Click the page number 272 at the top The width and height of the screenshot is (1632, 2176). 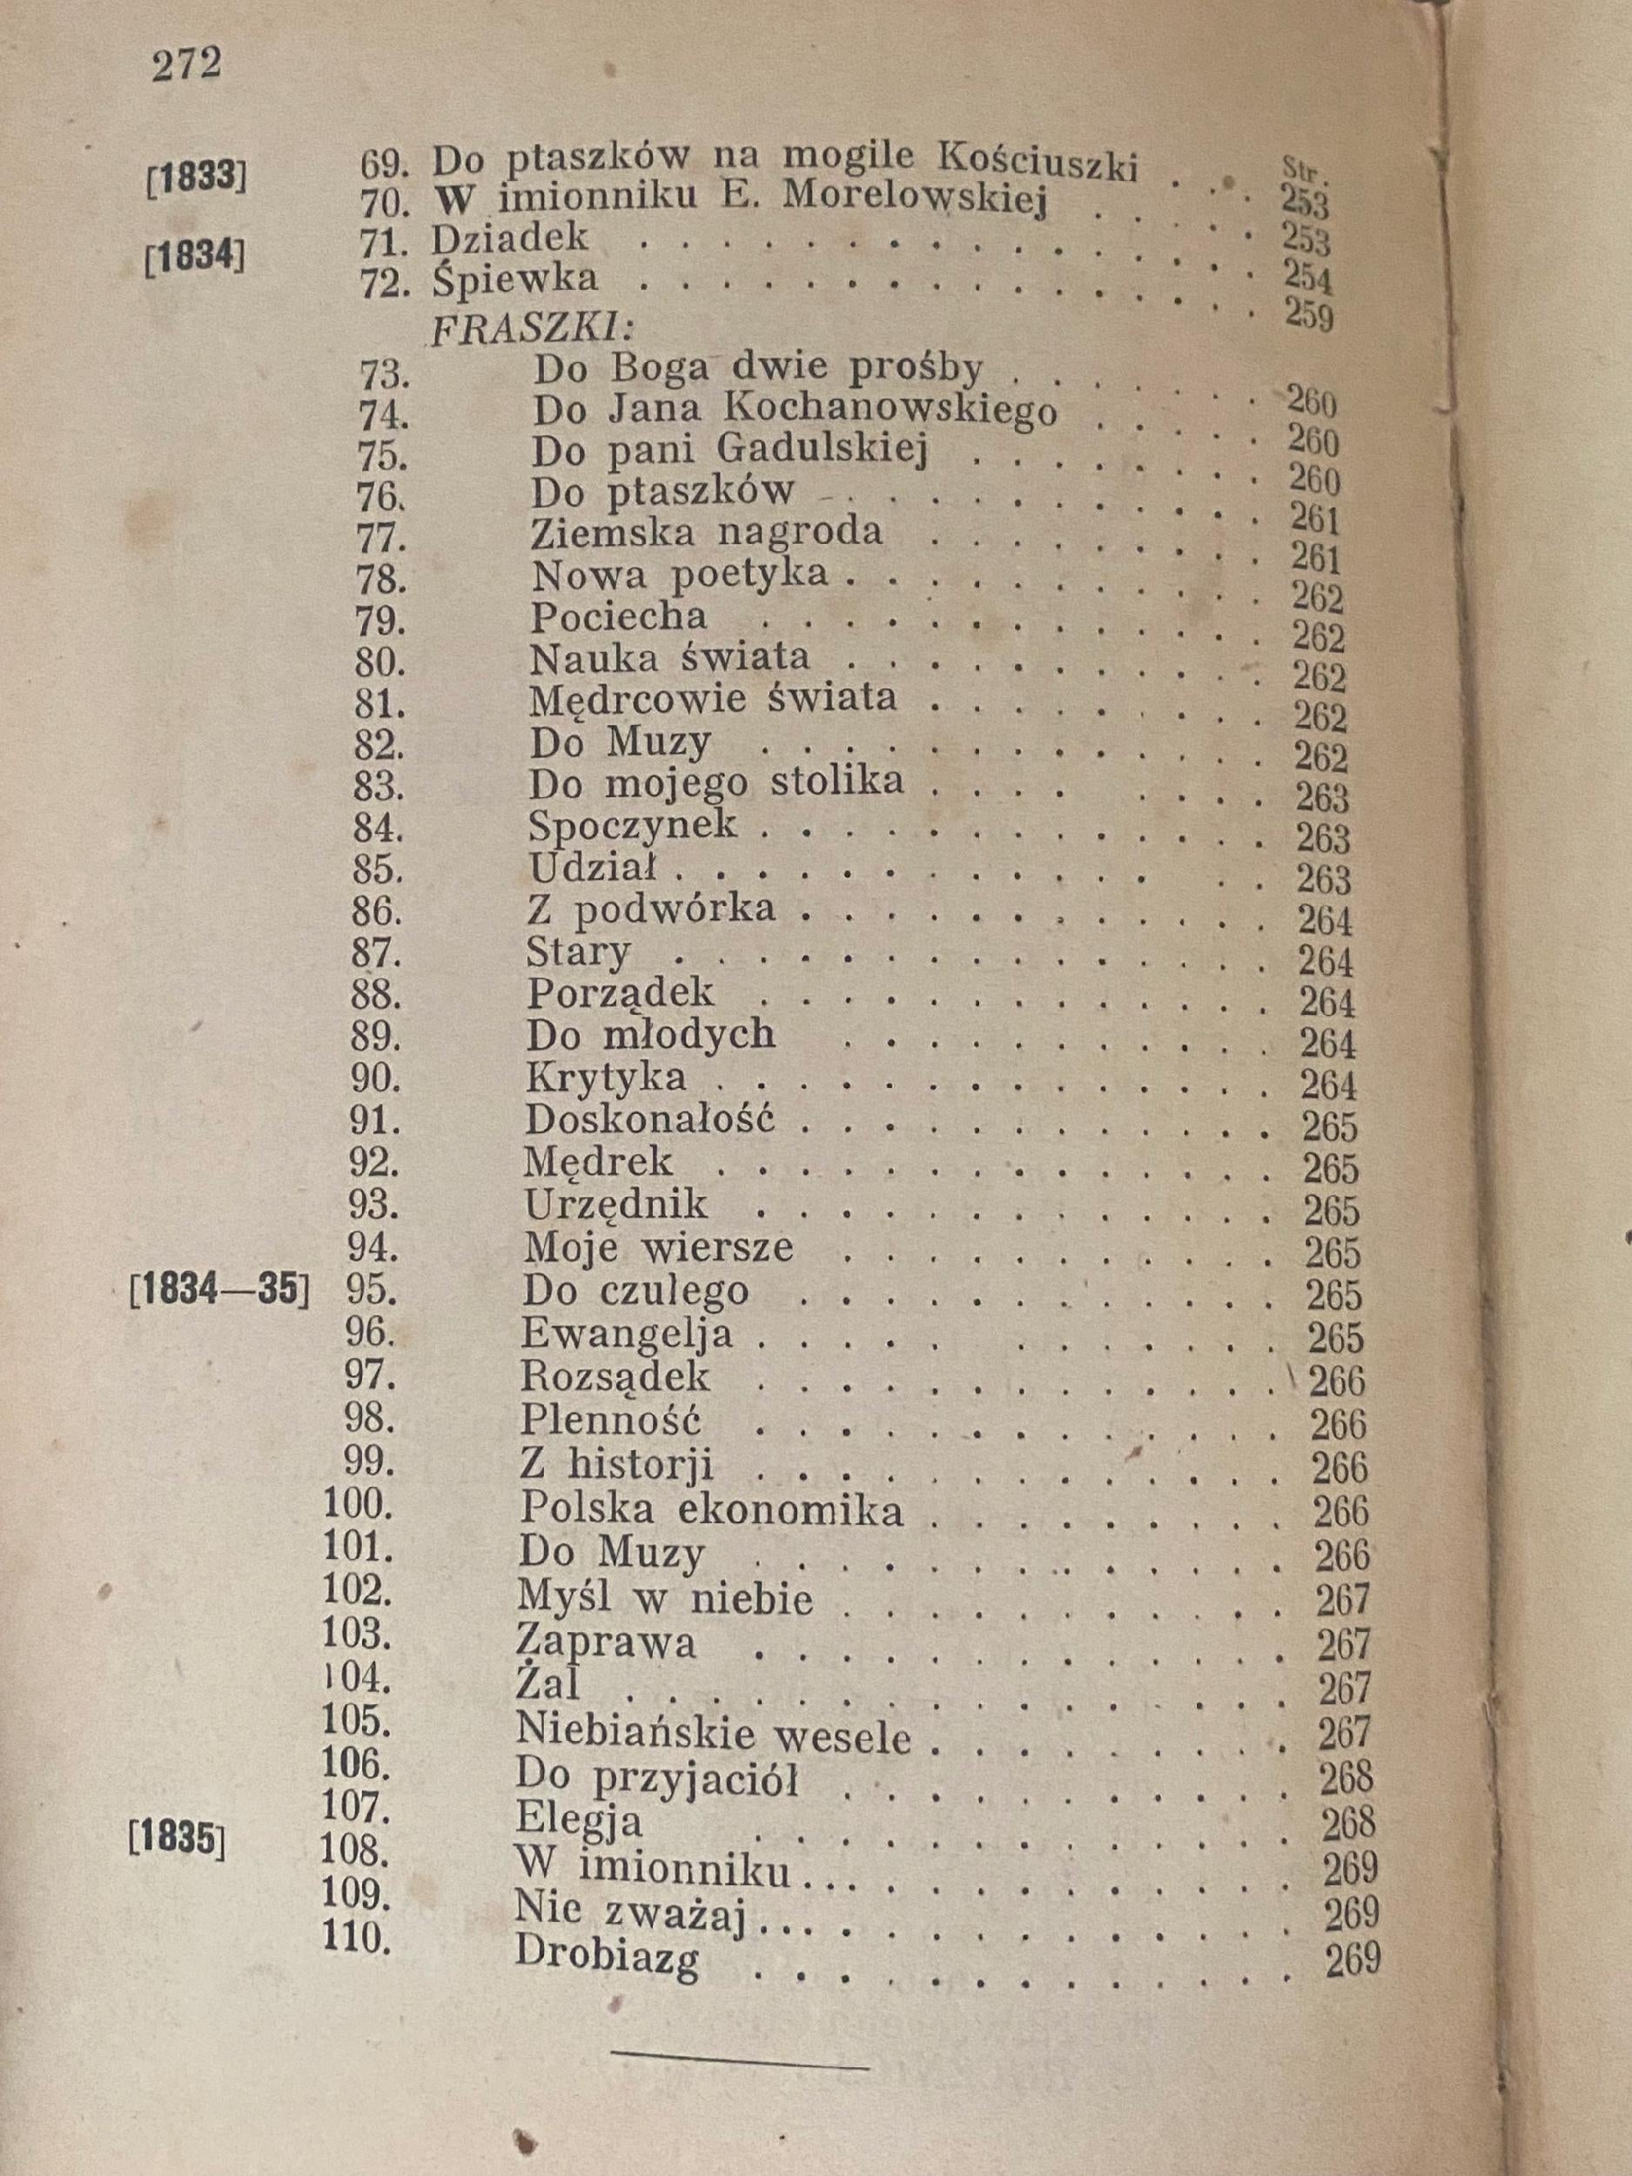186,65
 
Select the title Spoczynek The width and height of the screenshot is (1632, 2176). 632,824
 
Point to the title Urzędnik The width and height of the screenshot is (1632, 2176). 616,1205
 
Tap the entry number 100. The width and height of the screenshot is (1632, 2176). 356,1505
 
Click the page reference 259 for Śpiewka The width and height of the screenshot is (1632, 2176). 1308,317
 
